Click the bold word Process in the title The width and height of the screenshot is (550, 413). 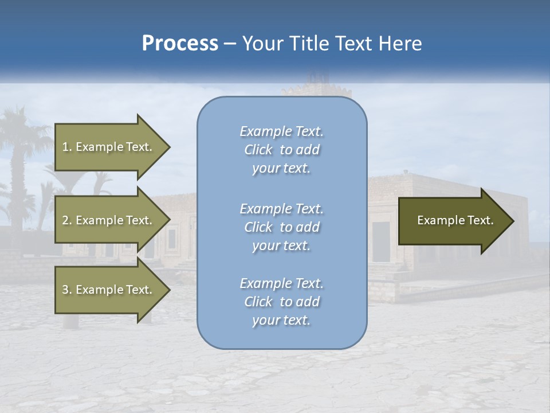click(180, 44)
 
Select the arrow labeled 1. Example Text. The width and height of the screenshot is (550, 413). click(109, 147)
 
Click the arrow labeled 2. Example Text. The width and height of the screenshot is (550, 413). click(109, 220)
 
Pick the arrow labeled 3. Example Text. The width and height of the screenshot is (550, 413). click(109, 290)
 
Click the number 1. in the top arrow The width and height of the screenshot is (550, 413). click(67, 147)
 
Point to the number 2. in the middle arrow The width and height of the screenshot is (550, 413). click(67, 220)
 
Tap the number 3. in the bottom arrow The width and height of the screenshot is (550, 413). click(67, 290)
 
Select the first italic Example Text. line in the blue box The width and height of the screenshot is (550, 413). click(281, 131)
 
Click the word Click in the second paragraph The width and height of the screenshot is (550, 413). click(258, 227)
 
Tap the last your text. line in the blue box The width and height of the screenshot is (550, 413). click(281, 320)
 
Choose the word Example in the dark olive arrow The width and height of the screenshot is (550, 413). click(437, 220)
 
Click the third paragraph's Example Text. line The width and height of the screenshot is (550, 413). click(281, 283)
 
